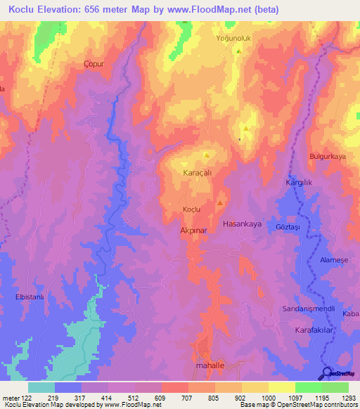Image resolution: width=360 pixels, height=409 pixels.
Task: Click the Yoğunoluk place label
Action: click(x=236, y=38)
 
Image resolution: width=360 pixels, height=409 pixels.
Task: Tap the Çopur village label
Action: click(x=94, y=63)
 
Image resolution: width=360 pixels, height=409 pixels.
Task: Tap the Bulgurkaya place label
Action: click(x=328, y=157)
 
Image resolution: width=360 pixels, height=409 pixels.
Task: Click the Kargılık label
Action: click(x=299, y=183)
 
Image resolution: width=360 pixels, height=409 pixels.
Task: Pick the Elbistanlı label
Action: click(x=30, y=297)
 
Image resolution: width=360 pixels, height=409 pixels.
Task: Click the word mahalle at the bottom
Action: click(x=209, y=366)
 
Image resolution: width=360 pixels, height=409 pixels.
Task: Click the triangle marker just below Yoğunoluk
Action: click(x=239, y=51)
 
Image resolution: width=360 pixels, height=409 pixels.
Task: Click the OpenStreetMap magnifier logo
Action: click(x=328, y=373)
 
